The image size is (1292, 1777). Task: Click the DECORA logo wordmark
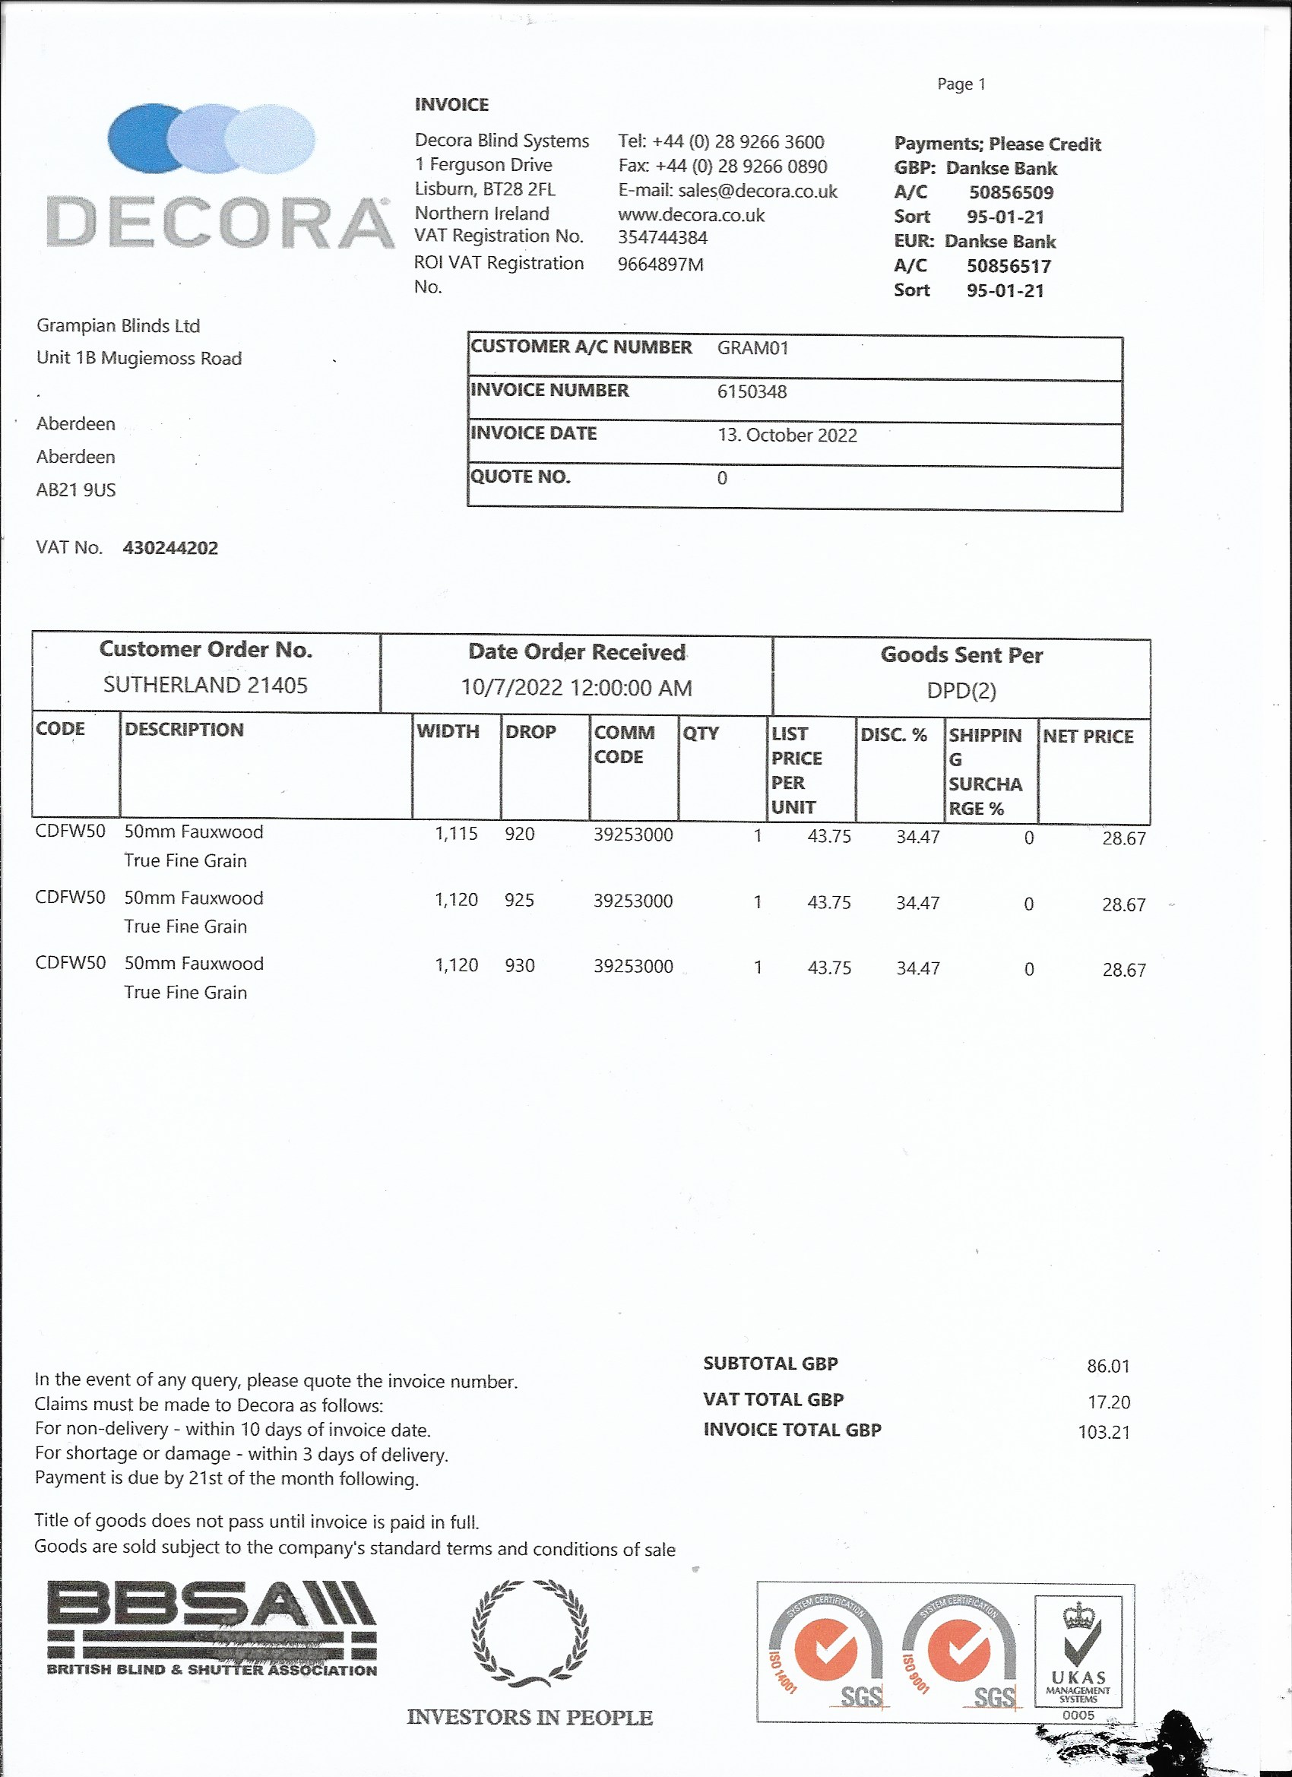(x=220, y=223)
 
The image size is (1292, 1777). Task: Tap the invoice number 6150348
(x=752, y=391)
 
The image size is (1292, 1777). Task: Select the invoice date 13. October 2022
(x=787, y=436)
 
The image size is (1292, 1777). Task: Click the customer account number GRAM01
(x=752, y=349)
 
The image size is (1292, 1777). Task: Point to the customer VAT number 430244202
(x=170, y=549)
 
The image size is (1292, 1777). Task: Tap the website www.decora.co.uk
(x=690, y=215)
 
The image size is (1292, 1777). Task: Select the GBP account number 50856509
(x=1011, y=193)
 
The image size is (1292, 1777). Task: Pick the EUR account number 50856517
(x=1009, y=266)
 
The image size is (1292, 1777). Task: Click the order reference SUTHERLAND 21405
(x=205, y=686)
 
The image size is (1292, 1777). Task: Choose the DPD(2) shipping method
(x=961, y=691)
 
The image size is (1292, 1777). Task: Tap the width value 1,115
(x=456, y=834)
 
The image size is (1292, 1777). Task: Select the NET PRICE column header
(x=1088, y=736)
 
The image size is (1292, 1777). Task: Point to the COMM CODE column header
(x=624, y=744)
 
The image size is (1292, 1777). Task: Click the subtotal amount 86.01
(x=1108, y=1367)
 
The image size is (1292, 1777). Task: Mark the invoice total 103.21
(x=1104, y=1432)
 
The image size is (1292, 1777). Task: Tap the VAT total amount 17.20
(x=1108, y=1402)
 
